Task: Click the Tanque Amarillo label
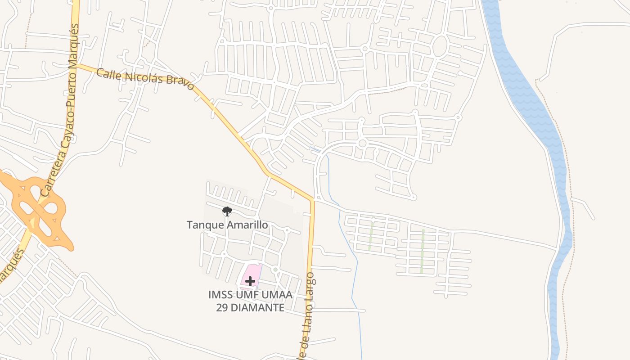click(x=227, y=225)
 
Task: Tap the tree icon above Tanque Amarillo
click(x=227, y=211)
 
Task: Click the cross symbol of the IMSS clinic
click(x=250, y=281)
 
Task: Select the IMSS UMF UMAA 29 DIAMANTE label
click(x=250, y=301)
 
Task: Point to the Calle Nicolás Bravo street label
click(x=145, y=79)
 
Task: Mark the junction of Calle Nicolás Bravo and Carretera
click(x=76, y=65)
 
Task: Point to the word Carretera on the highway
click(x=54, y=173)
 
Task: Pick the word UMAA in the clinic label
click(x=280, y=295)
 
